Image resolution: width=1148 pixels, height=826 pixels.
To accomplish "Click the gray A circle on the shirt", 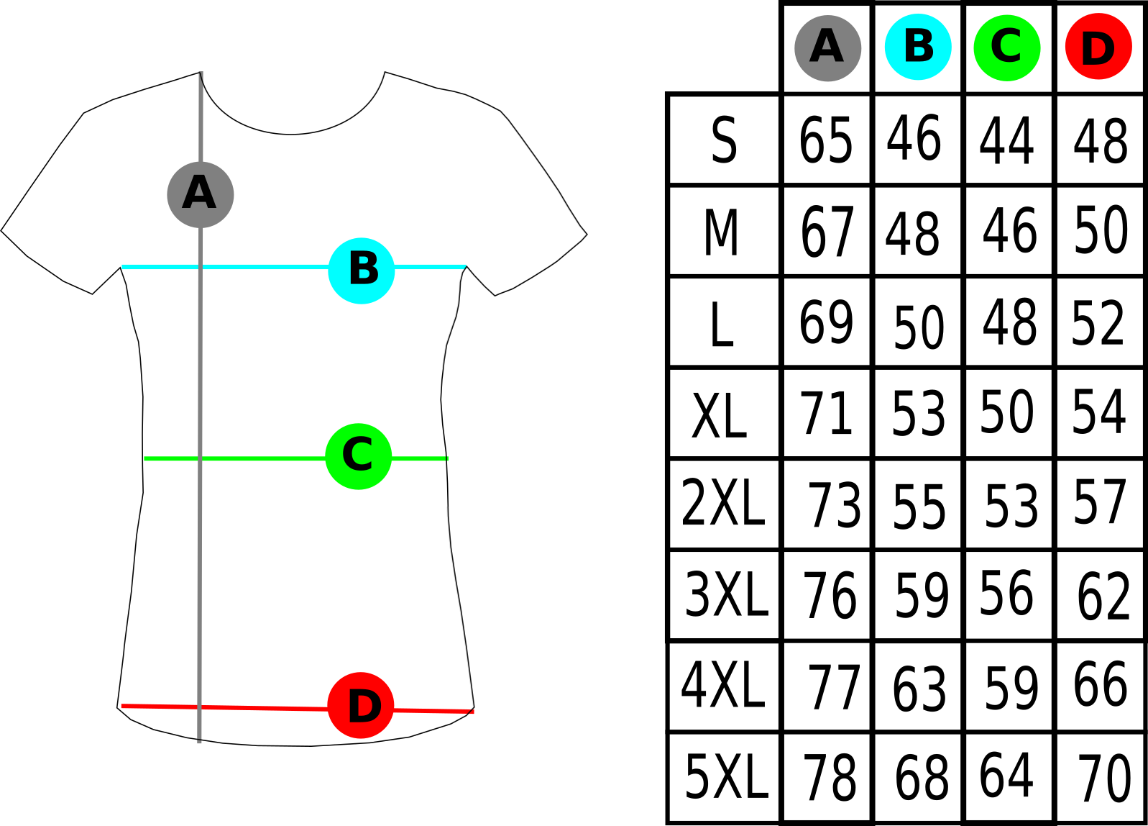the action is coord(201,194).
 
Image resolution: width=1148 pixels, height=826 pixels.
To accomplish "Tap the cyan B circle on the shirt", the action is coord(362,271).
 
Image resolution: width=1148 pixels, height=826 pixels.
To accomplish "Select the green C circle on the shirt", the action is coord(359,457).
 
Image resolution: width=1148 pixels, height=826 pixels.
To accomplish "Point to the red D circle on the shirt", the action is coord(361,705).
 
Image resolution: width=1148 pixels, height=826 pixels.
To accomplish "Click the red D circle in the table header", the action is coord(1099,46).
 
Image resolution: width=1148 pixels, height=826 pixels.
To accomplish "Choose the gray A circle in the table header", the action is coord(827,48).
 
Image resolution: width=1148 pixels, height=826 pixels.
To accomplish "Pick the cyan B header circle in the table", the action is coord(919,47).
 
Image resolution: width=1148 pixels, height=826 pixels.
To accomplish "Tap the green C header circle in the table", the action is coord(1007,48).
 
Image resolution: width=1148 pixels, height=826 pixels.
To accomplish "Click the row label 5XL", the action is coord(727,776).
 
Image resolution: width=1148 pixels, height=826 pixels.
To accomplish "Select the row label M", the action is coord(721,232).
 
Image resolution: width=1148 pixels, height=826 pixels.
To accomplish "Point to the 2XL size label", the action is coord(723,502).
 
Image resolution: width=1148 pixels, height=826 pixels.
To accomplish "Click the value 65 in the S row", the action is coord(826,140).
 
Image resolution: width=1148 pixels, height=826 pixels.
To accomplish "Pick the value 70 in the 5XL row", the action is coord(1104,779).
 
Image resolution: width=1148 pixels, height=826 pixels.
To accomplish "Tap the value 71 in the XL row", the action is coord(826,413).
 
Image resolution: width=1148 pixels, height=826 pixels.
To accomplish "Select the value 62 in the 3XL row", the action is coord(1103,596).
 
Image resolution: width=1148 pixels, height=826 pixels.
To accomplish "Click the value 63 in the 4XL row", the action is coord(919,689).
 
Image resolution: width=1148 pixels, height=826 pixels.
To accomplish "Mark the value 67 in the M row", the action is coord(827,232).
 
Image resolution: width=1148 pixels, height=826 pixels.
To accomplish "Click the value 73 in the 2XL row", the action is coord(835,506).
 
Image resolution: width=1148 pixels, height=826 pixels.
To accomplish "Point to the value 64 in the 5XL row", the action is coord(1006,775).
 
